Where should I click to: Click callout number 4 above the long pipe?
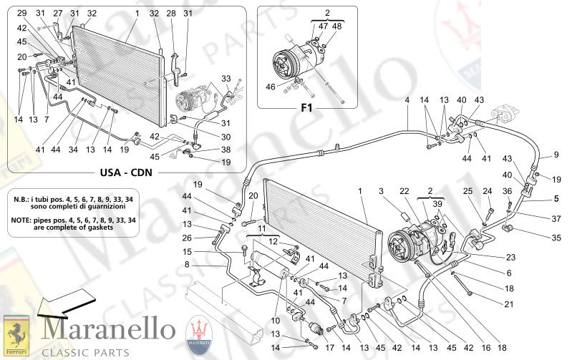pos(406,101)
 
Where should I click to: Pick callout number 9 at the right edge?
pos(554,155)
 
